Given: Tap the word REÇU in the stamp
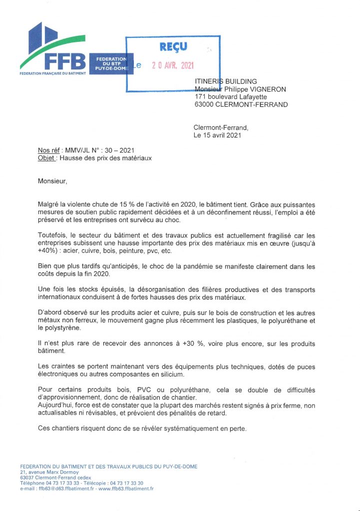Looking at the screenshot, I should coord(173,47).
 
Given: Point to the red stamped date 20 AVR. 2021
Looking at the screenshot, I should coord(173,66).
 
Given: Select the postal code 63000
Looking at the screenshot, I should coord(206,104).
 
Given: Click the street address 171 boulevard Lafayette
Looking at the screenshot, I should coord(231,97).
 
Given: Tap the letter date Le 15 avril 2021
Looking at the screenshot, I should coord(217,135).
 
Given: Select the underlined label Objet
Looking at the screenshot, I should coord(47,158).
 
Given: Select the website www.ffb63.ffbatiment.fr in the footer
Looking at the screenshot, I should coord(126,489).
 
